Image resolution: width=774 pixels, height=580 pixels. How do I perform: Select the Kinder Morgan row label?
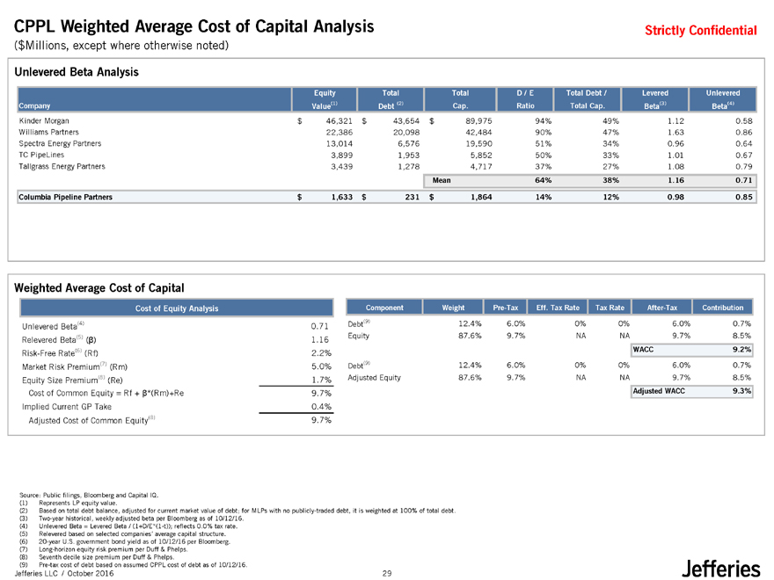click(43, 120)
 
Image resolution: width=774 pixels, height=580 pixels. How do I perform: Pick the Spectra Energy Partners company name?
click(59, 142)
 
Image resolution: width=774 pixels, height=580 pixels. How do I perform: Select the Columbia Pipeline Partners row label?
click(65, 198)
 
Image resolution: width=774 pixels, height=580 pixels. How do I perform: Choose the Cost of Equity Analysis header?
click(176, 308)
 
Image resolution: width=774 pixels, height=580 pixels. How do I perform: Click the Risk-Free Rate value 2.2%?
click(320, 353)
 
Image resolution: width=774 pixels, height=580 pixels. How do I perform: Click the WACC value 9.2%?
click(741, 349)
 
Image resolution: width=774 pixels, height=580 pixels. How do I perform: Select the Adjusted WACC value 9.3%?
click(741, 390)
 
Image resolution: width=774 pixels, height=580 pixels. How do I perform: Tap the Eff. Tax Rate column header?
click(558, 308)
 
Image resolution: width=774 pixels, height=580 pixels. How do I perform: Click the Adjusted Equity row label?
click(374, 377)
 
